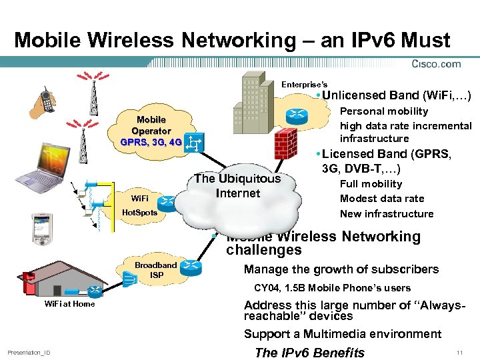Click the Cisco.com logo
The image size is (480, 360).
437,64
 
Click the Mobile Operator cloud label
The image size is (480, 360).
151,131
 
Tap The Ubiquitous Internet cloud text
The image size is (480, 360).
237,186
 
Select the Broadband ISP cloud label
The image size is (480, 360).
156,269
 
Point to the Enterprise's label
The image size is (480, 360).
304,85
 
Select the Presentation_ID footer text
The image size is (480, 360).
29,353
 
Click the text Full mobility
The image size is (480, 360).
371,184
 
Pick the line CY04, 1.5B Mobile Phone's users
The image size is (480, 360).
332,288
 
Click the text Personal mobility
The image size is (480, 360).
384,111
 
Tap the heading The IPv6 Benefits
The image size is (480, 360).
310,353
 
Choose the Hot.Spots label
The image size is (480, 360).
139,213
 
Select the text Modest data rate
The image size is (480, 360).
381,199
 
